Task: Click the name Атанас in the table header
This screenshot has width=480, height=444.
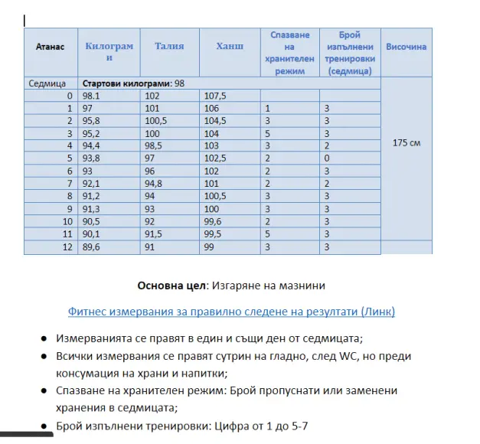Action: (51, 47)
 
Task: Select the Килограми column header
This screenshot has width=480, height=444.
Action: (109, 51)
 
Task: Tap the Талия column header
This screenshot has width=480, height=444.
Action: (169, 46)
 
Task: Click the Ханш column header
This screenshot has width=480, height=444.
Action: (230, 46)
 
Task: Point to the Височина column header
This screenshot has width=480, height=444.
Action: (407, 47)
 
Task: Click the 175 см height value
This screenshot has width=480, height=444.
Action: (406, 143)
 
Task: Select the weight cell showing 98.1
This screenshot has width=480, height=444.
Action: (92, 96)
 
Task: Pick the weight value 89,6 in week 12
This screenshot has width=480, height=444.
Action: (92, 247)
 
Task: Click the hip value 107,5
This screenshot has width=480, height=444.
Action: (216, 96)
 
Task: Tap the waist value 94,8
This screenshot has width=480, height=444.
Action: (155, 183)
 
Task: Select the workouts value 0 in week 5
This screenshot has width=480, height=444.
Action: (326, 158)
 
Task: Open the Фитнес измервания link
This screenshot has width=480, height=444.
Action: (231, 312)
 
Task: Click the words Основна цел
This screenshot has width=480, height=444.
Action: (168, 286)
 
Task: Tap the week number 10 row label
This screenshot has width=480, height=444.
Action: (67, 221)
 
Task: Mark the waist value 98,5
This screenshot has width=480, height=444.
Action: (155, 145)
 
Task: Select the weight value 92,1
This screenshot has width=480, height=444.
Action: (92, 183)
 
